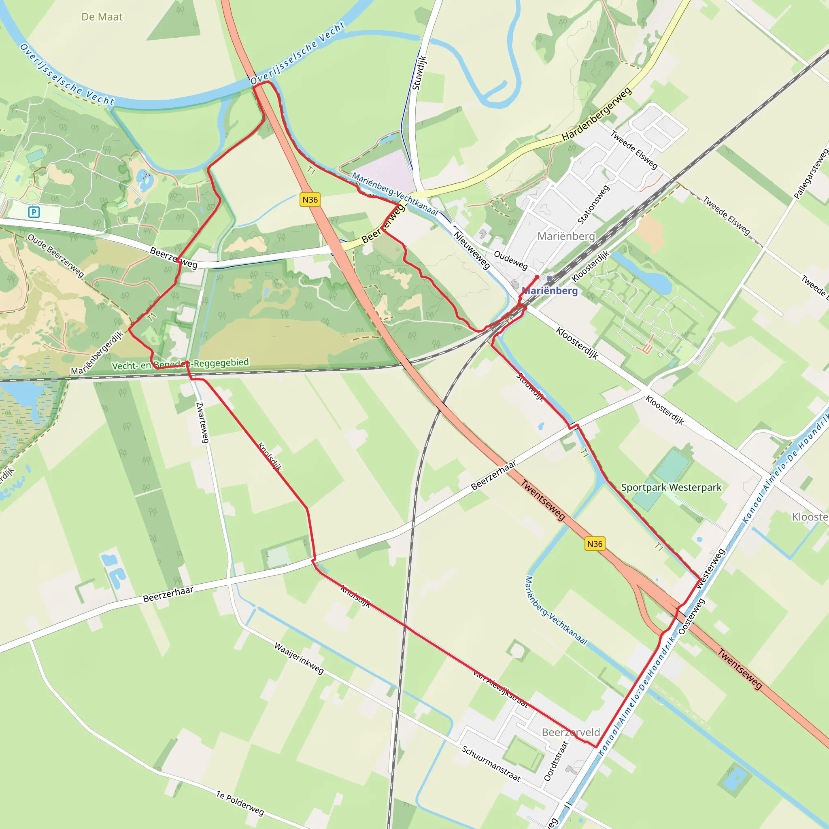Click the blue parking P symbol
34,212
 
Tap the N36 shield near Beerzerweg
310,200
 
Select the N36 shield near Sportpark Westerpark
595,544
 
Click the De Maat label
102,17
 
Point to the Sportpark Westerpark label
671,487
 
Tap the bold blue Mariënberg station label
550,291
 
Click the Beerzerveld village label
571,732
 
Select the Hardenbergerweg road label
596,114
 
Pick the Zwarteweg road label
202,423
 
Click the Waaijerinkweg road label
299,659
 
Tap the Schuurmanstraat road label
491,764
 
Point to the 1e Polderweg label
240,803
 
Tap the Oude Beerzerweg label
56,255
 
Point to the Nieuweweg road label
472,250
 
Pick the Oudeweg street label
510,260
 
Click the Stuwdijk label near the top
419,73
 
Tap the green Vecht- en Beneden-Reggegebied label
180,364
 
